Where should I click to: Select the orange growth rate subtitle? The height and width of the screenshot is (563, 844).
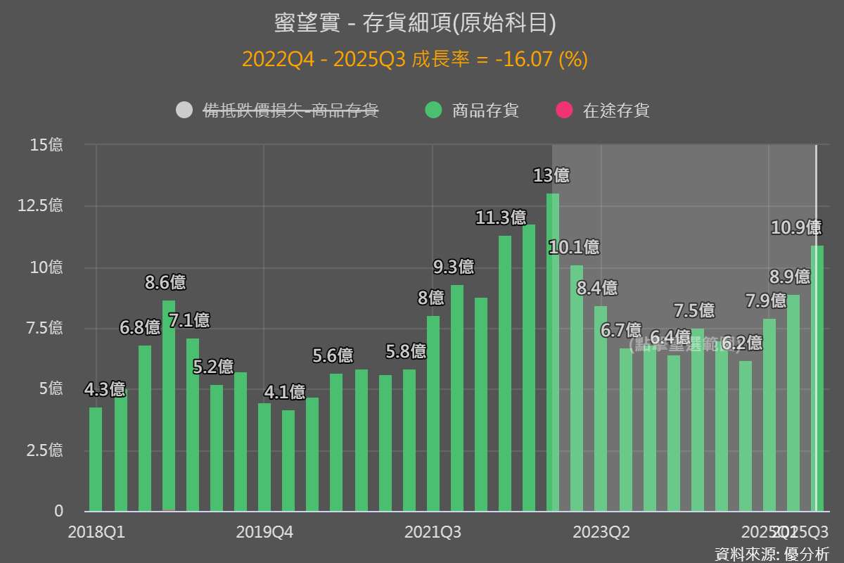pos(415,59)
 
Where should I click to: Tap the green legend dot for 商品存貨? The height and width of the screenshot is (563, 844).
pos(434,110)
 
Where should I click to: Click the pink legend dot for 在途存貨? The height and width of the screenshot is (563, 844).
pos(564,110)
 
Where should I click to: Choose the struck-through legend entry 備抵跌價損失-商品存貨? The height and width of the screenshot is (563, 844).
pos(291,110)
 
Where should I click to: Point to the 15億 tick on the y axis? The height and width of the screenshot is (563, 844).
pos(46,145)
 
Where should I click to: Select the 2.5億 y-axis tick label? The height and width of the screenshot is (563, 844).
pos(45,450)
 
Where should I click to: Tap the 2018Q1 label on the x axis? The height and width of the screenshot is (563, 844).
pos(96,532)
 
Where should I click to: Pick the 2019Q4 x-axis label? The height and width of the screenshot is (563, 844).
pos(264,532)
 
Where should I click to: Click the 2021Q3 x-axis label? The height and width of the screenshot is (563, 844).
pos(433,532)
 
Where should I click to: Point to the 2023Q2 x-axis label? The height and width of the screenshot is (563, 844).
pos(601,532)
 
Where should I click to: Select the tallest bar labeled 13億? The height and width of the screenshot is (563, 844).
pos(553,352)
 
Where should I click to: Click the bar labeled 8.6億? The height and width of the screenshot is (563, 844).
pos(169,405)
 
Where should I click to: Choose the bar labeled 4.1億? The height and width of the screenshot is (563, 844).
pos(288,460)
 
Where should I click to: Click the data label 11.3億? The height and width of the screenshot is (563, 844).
pos(501,218)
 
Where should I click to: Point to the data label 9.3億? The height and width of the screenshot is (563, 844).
pos(453,267)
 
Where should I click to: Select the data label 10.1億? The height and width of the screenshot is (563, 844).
pos(574,247)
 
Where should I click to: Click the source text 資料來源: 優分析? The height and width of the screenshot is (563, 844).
pos(772,553)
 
